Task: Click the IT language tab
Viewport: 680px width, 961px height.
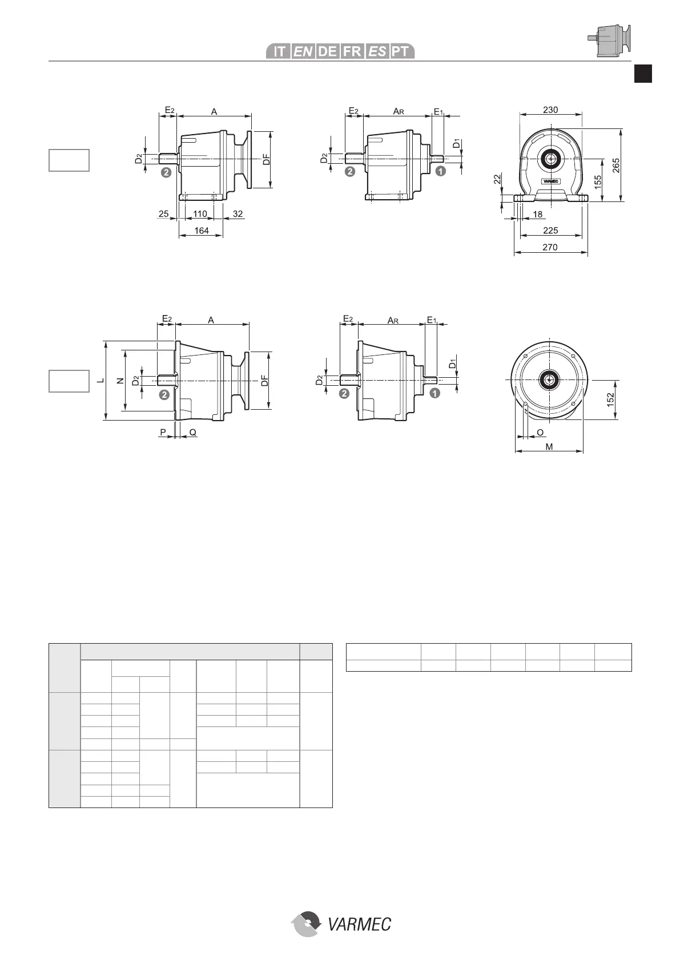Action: click(279, 51)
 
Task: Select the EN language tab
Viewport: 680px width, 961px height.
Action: click(303, 51)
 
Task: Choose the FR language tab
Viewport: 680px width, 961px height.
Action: click(352, 51)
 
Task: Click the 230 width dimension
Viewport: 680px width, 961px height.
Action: click(550, 110)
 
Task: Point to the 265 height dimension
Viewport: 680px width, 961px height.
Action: click(616, 165)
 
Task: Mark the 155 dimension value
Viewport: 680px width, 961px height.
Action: click(598, 181)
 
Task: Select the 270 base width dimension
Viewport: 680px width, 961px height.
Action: click(550, 247)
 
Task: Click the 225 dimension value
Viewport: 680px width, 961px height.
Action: click(550, 231)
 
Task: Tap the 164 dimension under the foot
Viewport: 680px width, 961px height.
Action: click(202, 231)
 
